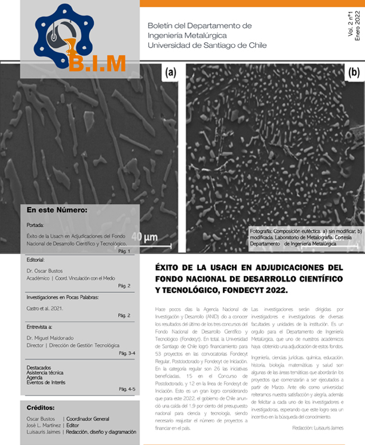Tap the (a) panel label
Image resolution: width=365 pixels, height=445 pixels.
point(170,73)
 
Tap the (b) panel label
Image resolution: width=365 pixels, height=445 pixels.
point(353,72)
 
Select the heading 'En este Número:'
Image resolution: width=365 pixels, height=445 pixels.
point(57,210)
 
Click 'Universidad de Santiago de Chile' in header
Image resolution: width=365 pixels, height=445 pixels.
point(207,45)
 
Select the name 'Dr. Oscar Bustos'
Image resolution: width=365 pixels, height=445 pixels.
point(46,271)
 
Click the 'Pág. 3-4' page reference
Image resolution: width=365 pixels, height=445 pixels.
point(127,353)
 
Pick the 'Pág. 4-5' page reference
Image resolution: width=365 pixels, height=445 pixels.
point(127,389)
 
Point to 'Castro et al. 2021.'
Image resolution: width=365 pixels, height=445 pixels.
point(45,308)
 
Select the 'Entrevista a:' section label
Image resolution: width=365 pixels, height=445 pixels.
point(44,327)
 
